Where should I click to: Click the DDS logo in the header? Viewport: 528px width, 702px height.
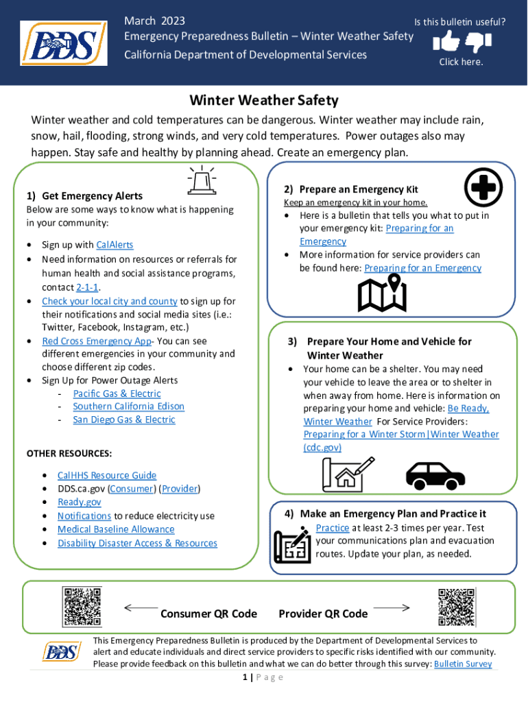[x=63, y=43]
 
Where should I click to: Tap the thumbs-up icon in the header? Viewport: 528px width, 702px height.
[x=446, y=43]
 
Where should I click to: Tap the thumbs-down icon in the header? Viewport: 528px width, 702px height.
[x=479, y=43]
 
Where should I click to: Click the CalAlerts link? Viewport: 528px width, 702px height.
[x=115, y=245]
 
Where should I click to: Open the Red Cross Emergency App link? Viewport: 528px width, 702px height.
[x=96, y=341]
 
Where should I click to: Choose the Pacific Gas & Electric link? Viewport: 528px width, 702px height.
[x=117, y=394]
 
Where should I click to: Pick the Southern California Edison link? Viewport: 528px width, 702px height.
[x=128, y=406]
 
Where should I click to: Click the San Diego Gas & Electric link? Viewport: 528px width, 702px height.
[x=123, y=420]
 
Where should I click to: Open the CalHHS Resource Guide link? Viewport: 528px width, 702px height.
[x=106, y=475]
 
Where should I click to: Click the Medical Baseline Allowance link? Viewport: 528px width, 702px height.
[x=115, y=529]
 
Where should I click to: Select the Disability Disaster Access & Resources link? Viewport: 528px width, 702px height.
[x=137, y=543]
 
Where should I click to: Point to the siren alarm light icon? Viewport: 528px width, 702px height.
[x=202, y=180]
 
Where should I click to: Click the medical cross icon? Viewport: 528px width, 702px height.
[x=483, y=187]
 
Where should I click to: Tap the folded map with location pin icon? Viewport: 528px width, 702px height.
[x=382, y=293]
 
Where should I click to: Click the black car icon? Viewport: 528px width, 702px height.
[x=435, y=474]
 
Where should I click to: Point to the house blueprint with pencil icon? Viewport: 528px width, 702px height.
[x=348, y=473]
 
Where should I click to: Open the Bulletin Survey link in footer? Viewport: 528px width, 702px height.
[x=463, y=664]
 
